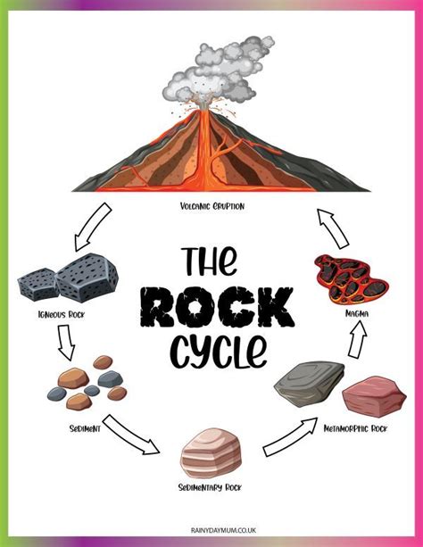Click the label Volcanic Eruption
coord(212,206)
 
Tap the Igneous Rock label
coord(62,315)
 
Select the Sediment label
coord(85,428)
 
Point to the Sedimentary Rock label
coord(210,487)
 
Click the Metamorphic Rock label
coord(355,428)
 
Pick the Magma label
coord(357,313)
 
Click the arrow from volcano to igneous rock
coord(93,227)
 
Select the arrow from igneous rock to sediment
coord(66,343)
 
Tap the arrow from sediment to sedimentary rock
coord(131,435)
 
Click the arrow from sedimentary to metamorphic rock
coord(290,436)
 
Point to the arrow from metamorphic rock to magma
coord(357,339)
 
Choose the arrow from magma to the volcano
coord(333,228)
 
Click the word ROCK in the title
coord(217,307)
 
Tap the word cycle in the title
coord(219,351)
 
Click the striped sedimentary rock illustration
coord(211,453)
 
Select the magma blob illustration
coord(350,280)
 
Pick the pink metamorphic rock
coord(374,397)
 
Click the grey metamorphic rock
coord(310,385)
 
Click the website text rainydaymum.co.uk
coord(223,530)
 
